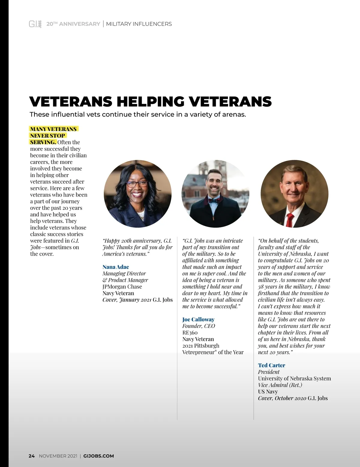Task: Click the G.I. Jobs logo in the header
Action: [35, 24]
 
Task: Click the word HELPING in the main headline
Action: [151, 102]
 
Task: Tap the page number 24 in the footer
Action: [31, 456]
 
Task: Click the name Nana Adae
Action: [116, 267]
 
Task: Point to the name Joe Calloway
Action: [198, 319]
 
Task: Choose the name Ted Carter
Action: [271, 365]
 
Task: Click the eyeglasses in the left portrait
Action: [137, 184]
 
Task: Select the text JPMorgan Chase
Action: [122, 287]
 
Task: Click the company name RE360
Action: [190, 332]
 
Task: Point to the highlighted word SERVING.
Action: [43, 142]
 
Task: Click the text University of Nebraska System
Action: [294, 378]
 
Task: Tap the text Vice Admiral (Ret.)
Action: [280, 385]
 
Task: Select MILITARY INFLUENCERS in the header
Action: [139, 24]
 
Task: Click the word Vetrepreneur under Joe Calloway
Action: [199, 352]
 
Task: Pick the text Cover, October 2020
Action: [282, 398]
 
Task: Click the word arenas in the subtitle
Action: [233, 115]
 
